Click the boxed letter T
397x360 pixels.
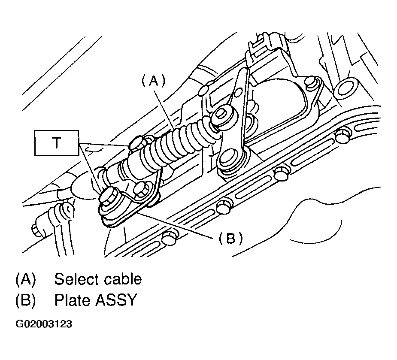click(57, 143)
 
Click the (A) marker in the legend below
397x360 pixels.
click(25, 279)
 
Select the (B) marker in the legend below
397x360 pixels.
click(25, 300)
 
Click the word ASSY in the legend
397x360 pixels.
click(116, 300)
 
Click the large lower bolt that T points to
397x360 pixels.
click(110, 197)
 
